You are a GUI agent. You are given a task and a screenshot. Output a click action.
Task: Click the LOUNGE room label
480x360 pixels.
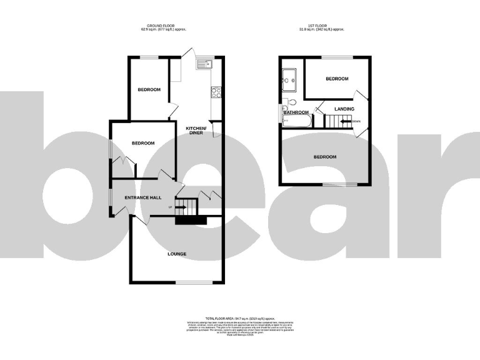176,254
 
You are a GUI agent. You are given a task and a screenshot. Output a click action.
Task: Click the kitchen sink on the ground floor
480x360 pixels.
205,62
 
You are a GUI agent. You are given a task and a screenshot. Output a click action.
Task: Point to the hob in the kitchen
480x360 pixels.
216,92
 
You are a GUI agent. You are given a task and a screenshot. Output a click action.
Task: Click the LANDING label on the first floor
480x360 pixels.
344,109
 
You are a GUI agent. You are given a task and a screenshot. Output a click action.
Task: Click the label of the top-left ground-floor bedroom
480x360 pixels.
149,89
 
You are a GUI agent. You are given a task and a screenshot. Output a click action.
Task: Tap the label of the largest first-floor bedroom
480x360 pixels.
324,156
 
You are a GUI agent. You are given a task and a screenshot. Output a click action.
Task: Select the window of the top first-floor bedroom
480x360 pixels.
337,57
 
